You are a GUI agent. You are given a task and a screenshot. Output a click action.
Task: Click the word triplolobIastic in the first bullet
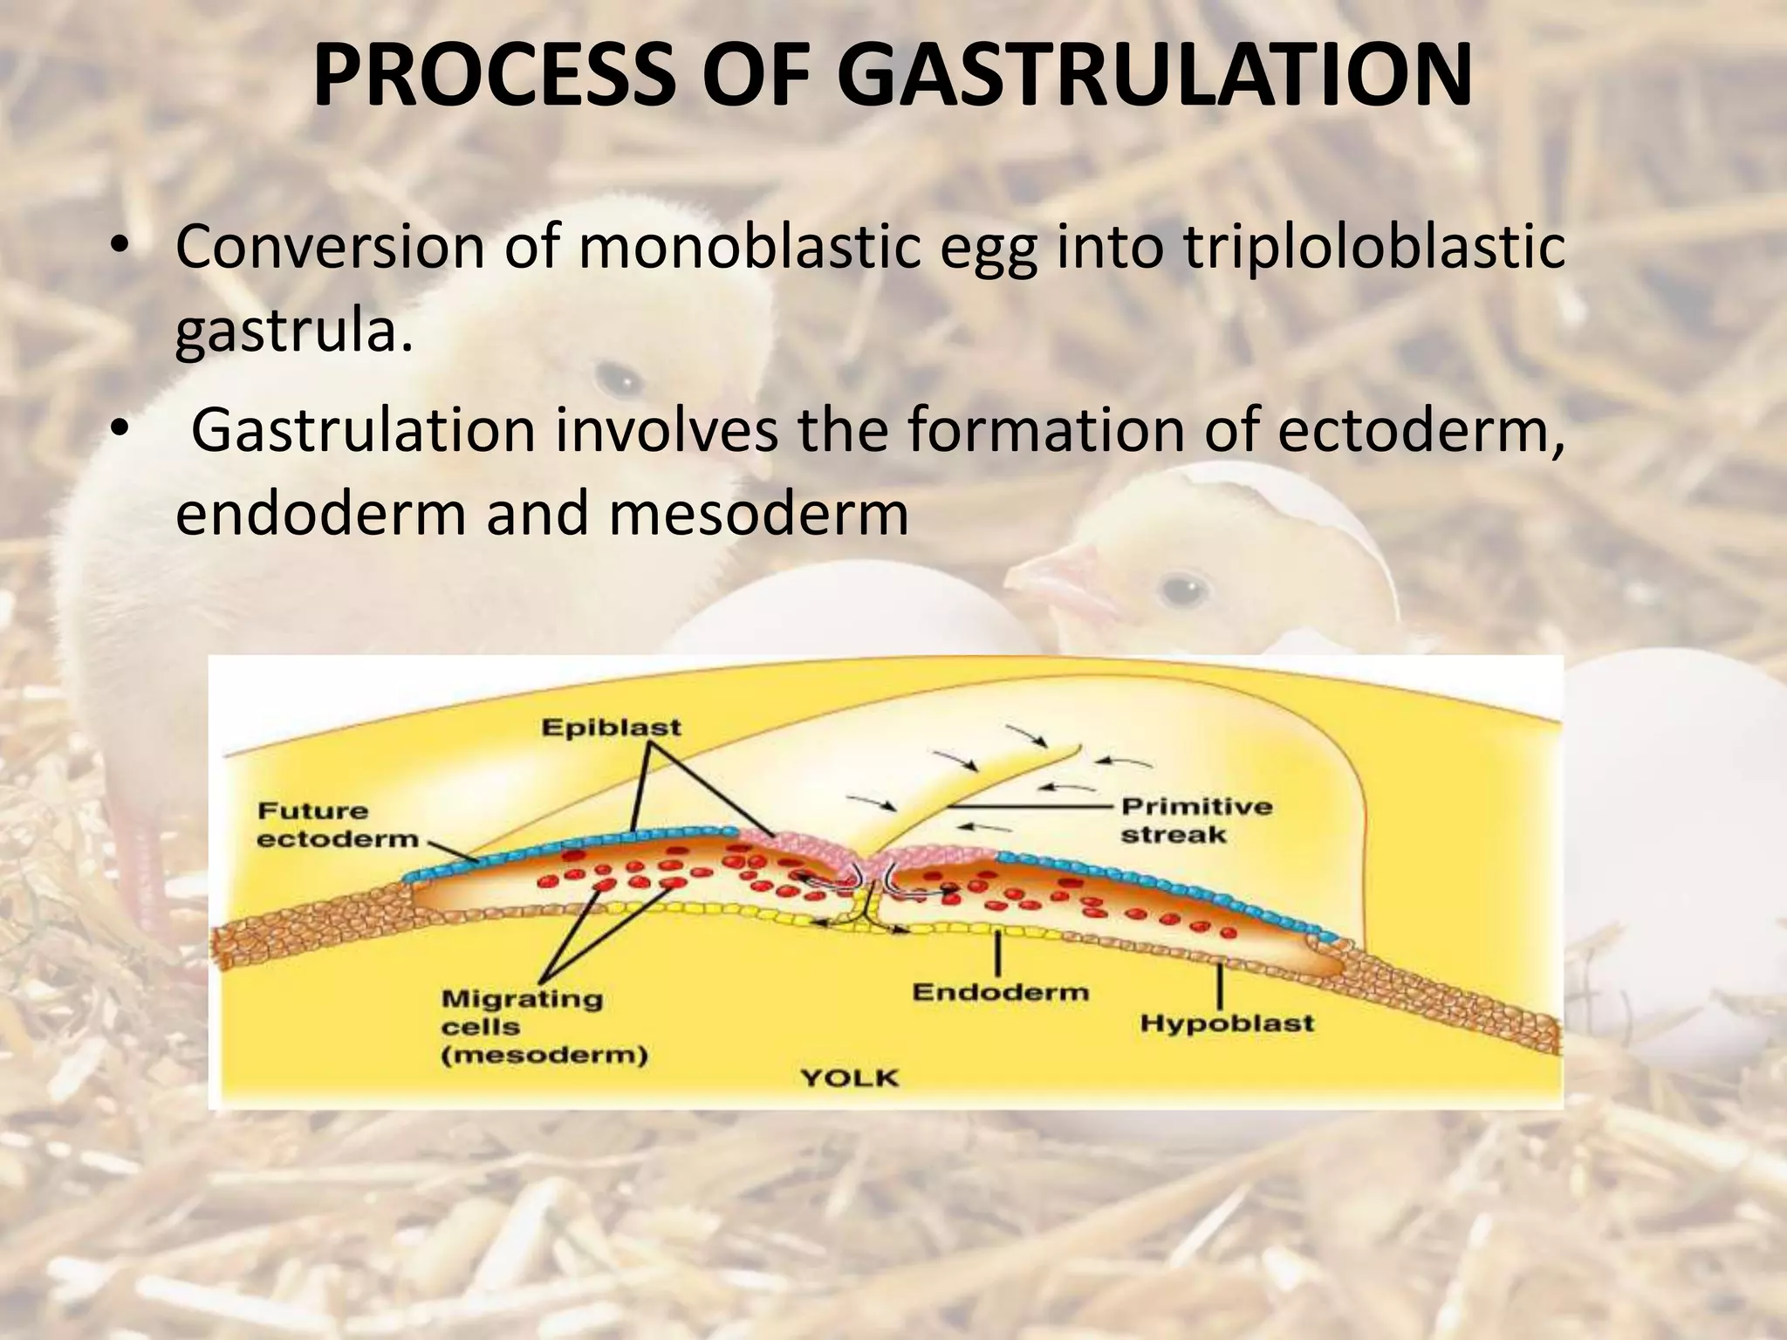click(x=1373, y=248)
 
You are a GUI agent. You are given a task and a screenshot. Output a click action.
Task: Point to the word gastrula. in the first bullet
click(x=293, y=332)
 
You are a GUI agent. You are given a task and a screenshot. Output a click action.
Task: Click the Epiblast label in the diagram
click(x=611, y=728)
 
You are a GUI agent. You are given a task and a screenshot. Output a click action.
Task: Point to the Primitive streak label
click(x=1195, y=820)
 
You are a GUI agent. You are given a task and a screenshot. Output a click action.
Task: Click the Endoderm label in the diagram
click(x=1000, y=993)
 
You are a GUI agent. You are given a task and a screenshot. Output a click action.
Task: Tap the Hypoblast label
click(x=1227, y=1022)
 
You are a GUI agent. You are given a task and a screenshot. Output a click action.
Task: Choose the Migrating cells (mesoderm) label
click(x=543, y=1027)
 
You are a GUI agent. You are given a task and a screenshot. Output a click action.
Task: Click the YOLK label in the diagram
click(x=849, y=1078)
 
